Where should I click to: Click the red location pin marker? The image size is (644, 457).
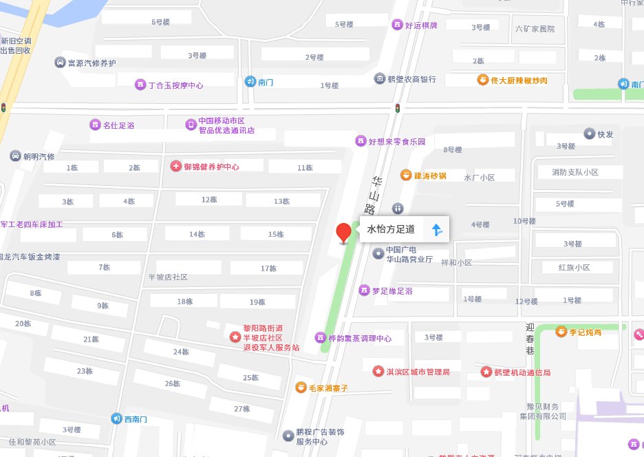343,233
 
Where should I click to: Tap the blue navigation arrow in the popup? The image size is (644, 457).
436,229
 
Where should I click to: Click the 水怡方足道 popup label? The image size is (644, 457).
391,229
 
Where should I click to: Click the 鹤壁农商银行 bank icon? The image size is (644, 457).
380,79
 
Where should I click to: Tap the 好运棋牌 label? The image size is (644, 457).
421,25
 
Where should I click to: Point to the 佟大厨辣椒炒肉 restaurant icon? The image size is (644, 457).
483,80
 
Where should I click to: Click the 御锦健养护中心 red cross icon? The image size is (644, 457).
175,167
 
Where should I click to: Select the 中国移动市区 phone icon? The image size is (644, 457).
191,125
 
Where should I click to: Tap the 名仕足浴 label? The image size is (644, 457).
118,125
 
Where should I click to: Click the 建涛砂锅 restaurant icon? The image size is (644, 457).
407,176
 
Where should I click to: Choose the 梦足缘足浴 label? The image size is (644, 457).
392,290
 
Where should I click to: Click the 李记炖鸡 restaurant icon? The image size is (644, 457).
561,332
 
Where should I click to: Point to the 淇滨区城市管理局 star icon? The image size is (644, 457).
378,372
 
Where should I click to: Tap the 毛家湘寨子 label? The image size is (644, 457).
328,387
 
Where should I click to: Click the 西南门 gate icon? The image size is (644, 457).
116,418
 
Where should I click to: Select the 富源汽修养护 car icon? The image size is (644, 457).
60,63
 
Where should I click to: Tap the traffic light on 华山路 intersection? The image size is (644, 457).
397,107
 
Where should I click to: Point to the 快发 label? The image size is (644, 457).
605,134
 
